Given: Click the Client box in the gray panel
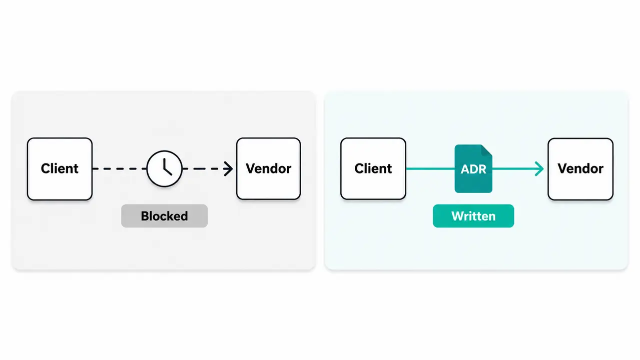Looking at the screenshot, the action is pos(60,168).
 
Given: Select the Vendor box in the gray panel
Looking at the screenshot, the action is pos(269,168).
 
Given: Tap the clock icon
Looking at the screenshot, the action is pos(164,168).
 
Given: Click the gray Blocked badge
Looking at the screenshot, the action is pos(164,216).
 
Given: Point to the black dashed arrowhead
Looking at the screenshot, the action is pos(228,168).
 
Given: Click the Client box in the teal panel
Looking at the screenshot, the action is pos(373,168).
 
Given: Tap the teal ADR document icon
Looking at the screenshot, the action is pos(473,168).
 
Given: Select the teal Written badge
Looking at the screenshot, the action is pos(473,216).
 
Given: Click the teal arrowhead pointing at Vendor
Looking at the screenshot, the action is pos(539,168).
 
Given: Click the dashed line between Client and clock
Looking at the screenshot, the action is pos(120,168).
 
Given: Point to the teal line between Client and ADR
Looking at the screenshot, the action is pos(430,168).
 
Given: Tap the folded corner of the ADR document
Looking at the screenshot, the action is pos(486,150).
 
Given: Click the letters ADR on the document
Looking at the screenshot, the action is pos(473,169).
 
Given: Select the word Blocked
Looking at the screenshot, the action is pos(164,216).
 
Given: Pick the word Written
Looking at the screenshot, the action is pos(473,216).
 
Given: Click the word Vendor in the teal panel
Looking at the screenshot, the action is pos(580,168).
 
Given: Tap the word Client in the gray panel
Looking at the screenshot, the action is pos(60,168).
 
